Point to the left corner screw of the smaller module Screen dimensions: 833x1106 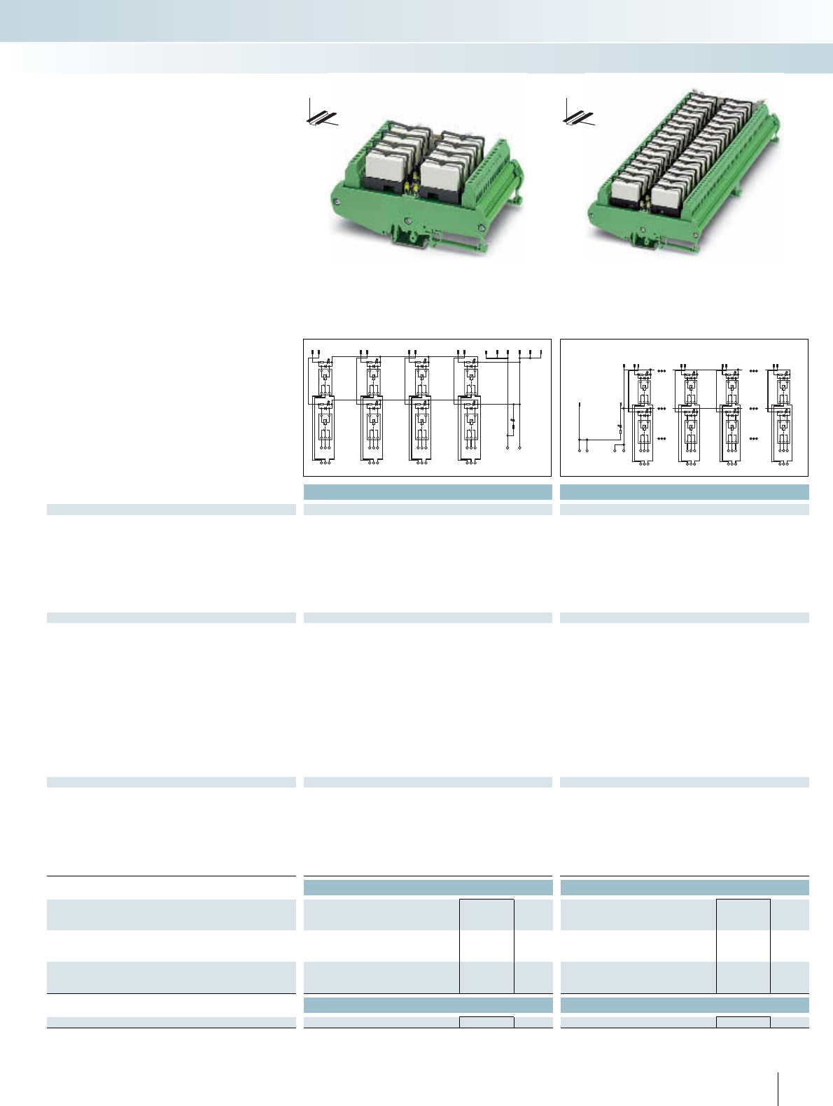pos(336,204)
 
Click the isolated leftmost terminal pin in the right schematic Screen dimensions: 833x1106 pos(580,405)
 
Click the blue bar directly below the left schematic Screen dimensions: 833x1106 pos(428,491)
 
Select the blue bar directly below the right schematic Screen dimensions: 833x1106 pos(685,491)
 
